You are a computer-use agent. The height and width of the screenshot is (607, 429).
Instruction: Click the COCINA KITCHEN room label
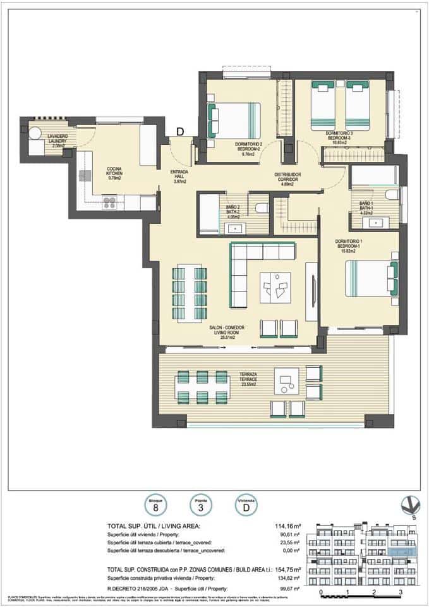[x=114, y=173]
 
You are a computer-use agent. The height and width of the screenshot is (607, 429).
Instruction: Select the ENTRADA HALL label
[x=179, y=176]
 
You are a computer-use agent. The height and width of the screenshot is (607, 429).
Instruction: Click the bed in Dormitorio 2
[x=234, y=120]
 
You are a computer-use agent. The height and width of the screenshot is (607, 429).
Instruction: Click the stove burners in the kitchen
[x=109, y=203]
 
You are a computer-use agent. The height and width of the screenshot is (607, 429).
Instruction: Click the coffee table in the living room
[x=275, y=288]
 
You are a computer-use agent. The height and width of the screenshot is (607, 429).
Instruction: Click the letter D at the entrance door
[x=179, y=132]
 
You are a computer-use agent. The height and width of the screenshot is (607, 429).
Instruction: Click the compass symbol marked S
[x=410, y=506]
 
